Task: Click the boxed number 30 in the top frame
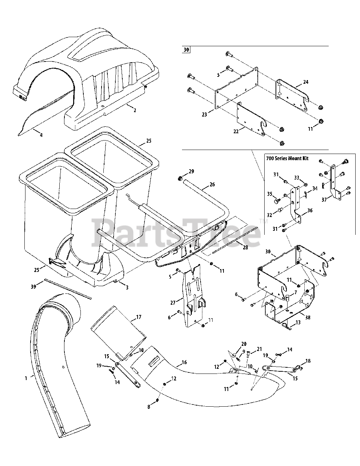pos(186,50)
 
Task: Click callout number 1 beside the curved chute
pos(26,378)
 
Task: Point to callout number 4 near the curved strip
pos(41,135)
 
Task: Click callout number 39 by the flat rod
pos(33,287)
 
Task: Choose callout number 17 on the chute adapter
pos(139,317)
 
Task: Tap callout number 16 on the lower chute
pos(184,363)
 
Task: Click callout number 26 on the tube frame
pos(212,184)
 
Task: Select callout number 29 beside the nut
pos(191,171)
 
